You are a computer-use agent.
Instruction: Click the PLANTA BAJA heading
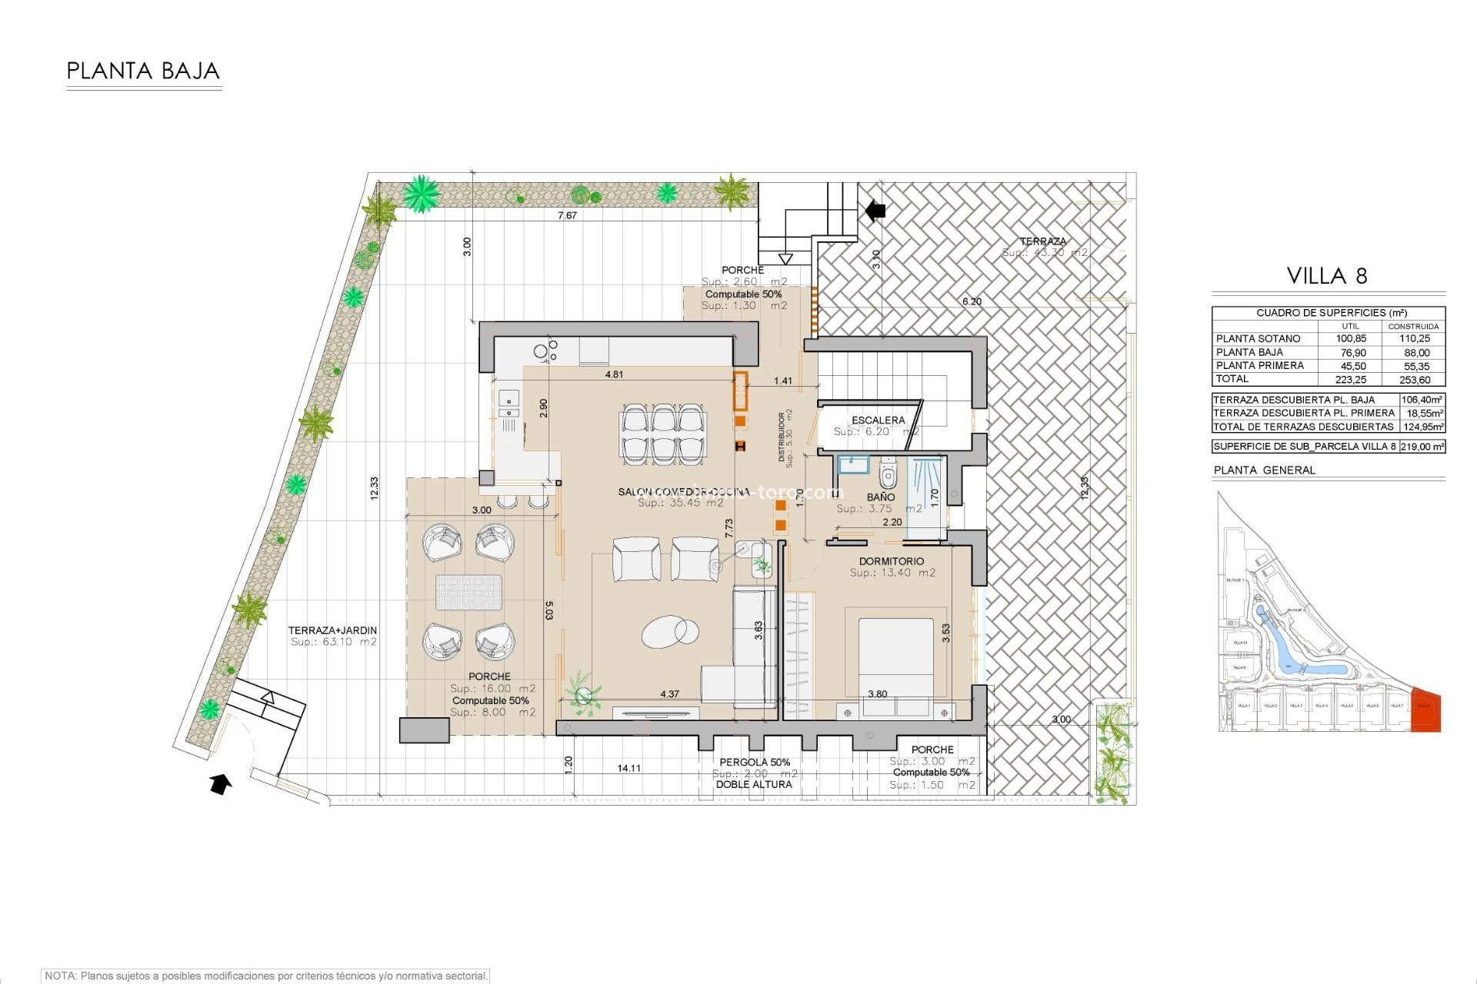(x=143, y=71)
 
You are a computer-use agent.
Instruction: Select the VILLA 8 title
(x=1327, y=276)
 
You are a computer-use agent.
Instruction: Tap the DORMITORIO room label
(x=892, y=561)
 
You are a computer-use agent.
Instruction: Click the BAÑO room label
(x=880, y=497)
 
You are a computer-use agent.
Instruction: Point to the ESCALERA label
(x=878, y=420)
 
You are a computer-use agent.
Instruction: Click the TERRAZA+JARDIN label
(x=332, y=630)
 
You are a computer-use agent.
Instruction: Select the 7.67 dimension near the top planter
(x=567, y=215)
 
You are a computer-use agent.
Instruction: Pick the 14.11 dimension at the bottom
(x=628, y=768)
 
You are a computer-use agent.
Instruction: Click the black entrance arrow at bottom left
(x=221, y=784)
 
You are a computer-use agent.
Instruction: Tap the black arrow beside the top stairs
(x=875, y=210)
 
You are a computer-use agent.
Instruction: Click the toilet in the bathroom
(x=889, y=474)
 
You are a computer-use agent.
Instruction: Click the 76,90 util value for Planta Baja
(x=1352, y=352)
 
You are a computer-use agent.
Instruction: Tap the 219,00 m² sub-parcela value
(x=1422, y=446)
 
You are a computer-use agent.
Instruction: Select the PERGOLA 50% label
(x=755, y=762)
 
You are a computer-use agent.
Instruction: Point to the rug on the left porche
(x=468, y=593)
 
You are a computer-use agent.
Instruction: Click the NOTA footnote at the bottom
(x=266, y=976)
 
